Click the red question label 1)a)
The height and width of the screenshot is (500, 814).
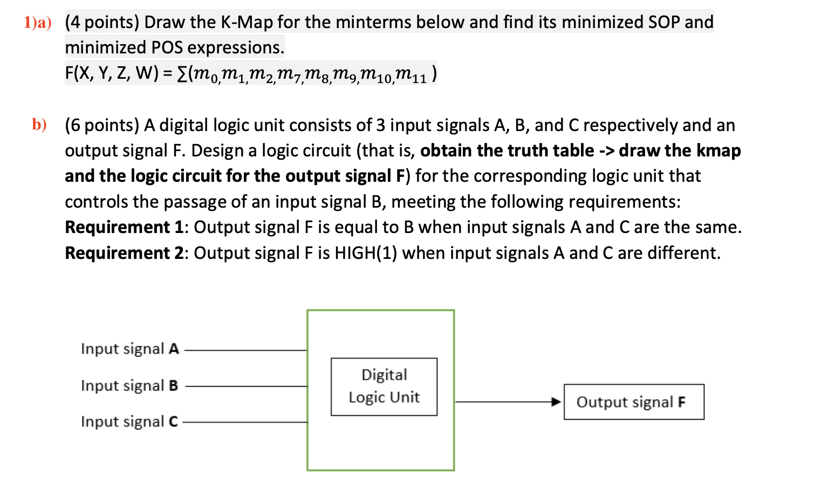click(x=37, y=23)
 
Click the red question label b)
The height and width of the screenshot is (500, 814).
click(x=39, y=125)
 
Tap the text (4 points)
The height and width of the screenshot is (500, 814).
click(x=102, y=23)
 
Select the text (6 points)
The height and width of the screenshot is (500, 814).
click(x=102, y=126)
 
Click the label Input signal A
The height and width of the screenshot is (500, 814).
click(x=129, y=349)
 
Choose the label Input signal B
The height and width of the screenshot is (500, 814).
click(x=129, y=386)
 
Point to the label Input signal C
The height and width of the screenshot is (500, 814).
click(x=129, y=422)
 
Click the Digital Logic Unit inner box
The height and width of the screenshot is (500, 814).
click(x=384, y=386)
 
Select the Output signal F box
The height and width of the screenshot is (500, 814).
click(x=633, y=402)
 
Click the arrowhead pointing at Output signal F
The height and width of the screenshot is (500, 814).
click(x=556, y=402)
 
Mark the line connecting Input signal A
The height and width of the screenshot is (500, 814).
click(x=245, y=350)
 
